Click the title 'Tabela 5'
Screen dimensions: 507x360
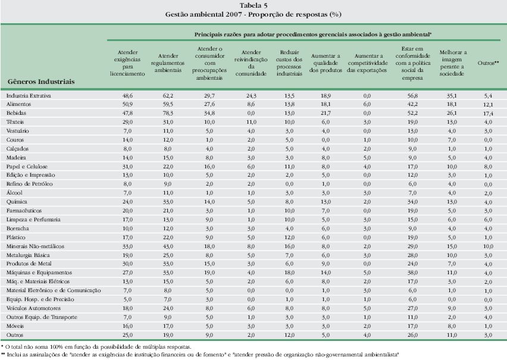click(x=253, y=5)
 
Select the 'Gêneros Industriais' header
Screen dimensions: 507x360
click(x=41, y=82)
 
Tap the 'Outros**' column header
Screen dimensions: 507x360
click(x=488, y=63)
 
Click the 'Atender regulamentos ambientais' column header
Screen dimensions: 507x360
click(x=167, y=63)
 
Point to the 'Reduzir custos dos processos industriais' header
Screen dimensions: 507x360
click(x=289, y=63)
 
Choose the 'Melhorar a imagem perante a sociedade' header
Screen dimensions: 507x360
click(x=452, y=63)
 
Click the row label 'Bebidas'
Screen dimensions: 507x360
click(x=16, y=113)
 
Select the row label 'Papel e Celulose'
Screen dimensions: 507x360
click(x=27, y=167)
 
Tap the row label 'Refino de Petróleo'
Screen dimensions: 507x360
click(x=29, y=184)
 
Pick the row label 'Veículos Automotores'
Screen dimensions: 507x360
click(x=33, y=308)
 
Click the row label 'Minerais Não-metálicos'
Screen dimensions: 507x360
click(x=35, y=246)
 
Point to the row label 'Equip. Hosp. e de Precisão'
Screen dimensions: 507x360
click(x=40, y=299)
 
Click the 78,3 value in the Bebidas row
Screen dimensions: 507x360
click(x=168, y=113)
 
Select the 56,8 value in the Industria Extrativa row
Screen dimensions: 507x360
click(x=412, y=96)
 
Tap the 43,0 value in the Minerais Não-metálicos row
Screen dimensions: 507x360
click(x=168, y=246)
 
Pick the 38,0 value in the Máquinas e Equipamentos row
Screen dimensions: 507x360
click(x=412, y=273)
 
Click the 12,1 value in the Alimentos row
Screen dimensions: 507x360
click(x=488, y=105)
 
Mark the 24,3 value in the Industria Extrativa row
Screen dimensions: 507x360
click(x=251, y=96)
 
